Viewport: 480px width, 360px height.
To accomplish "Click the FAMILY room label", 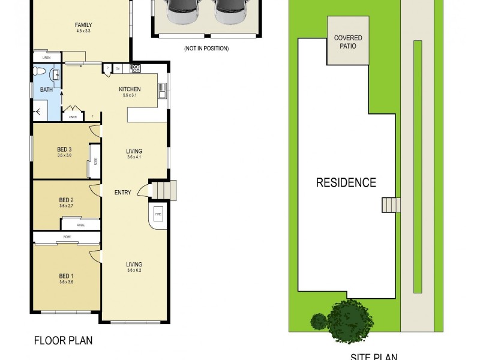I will (x=83, y=25).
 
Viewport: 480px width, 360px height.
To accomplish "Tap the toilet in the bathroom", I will (x=38, y=72).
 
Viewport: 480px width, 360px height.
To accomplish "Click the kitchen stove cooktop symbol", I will (x=135, y=68).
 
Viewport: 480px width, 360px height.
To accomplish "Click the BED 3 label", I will (x=65, y=149).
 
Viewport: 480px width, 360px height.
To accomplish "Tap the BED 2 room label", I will (x=66, y=200).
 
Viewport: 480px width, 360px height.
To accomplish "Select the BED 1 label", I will (x=66, y=276).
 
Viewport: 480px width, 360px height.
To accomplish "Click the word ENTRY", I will (x=123, y=192).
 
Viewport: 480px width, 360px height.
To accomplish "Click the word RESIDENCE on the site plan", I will (x=346, y=183).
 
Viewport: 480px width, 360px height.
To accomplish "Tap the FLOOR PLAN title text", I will (x=63, y=341).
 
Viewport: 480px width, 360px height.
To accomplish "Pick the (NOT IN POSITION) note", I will (x=206, y=49).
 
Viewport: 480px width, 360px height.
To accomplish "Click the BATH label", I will (x=46, y=89).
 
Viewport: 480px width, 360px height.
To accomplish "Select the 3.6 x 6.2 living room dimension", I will (x=134, y=271).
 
